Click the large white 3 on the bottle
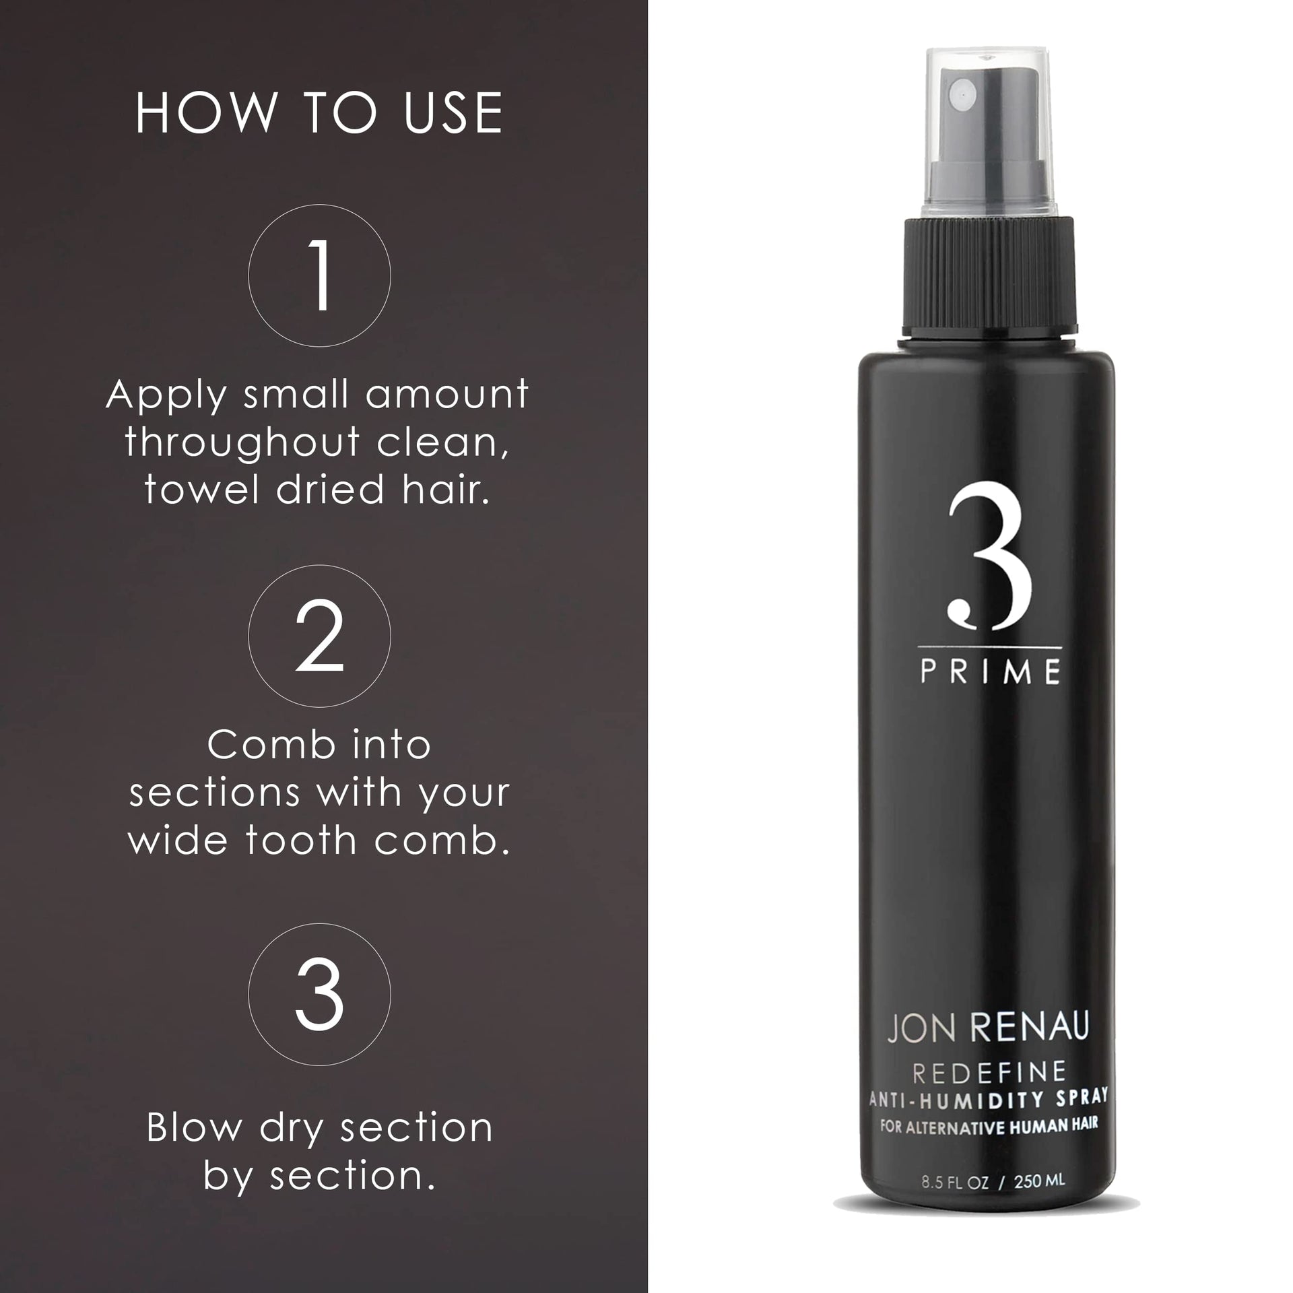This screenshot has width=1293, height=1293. [x=989, y=564]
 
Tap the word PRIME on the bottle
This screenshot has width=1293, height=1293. [x=991, y=673]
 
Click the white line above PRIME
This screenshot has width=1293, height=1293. [x=991, y=649]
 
